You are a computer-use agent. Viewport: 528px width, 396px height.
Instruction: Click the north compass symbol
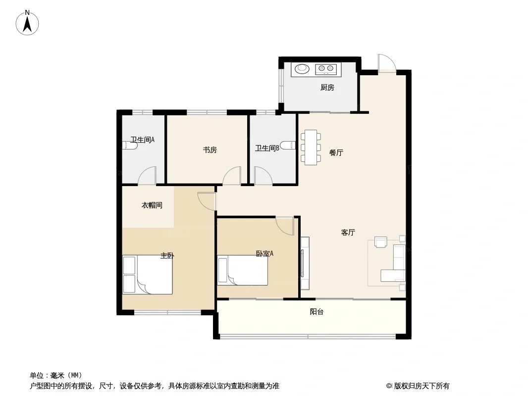28,22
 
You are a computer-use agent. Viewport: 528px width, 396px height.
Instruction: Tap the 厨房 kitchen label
327,88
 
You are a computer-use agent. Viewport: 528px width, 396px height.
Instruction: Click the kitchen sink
301,69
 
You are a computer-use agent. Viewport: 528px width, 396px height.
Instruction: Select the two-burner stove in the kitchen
326,69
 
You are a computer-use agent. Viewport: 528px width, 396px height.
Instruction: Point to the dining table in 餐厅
311,147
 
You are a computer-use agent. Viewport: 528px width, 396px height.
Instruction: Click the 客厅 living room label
348,232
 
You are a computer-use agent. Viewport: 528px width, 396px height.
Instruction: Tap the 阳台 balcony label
317,312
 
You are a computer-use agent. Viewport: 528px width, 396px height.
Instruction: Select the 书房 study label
210,150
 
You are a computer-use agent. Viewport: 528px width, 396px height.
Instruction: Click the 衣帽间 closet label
152,205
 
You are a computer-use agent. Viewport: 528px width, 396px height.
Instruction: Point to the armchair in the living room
380,242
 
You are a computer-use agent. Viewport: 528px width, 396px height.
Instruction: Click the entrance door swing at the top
385,63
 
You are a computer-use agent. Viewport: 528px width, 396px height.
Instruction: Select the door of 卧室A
285,225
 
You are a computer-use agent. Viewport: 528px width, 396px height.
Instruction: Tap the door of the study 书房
232,176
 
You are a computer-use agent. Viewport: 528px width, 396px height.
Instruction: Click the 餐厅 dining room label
336,153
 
